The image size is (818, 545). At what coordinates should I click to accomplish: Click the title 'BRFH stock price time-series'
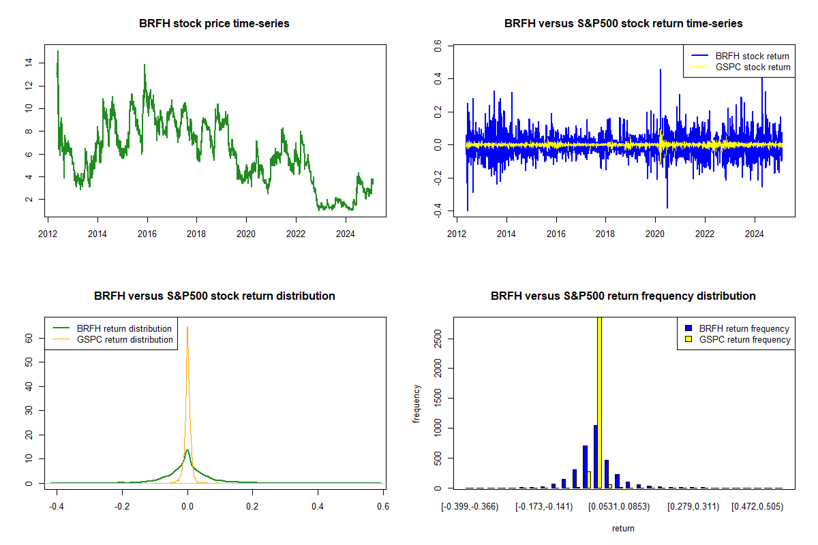pos(214,24)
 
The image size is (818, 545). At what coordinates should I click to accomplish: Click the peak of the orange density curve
pos(187,328)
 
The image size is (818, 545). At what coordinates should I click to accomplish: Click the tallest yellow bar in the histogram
pos(599,402)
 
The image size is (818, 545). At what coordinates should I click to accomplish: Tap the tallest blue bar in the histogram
pos(595,456)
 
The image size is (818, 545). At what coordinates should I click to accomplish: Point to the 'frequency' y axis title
pos(416,404)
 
